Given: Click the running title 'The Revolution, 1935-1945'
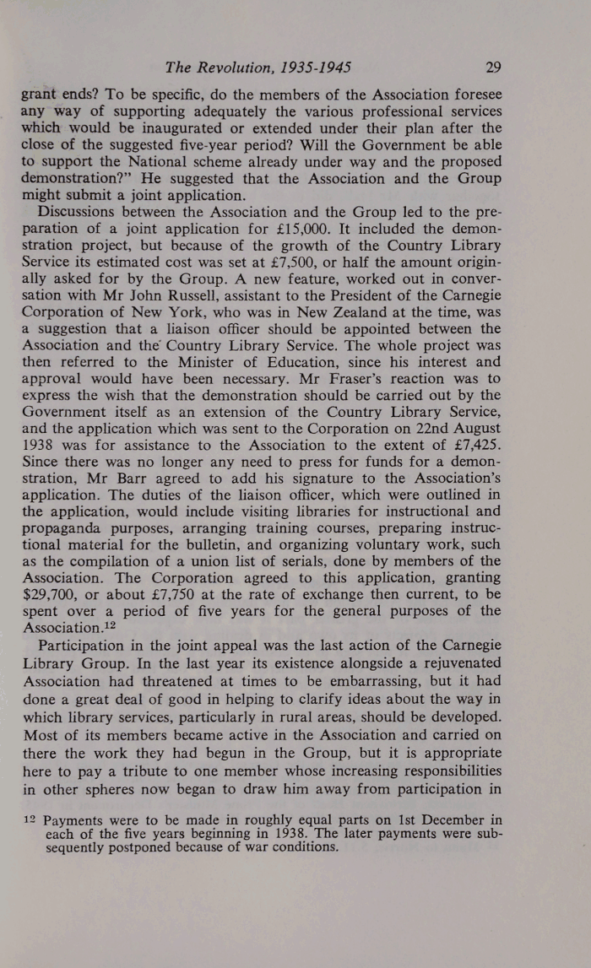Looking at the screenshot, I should tap(258, 68).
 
